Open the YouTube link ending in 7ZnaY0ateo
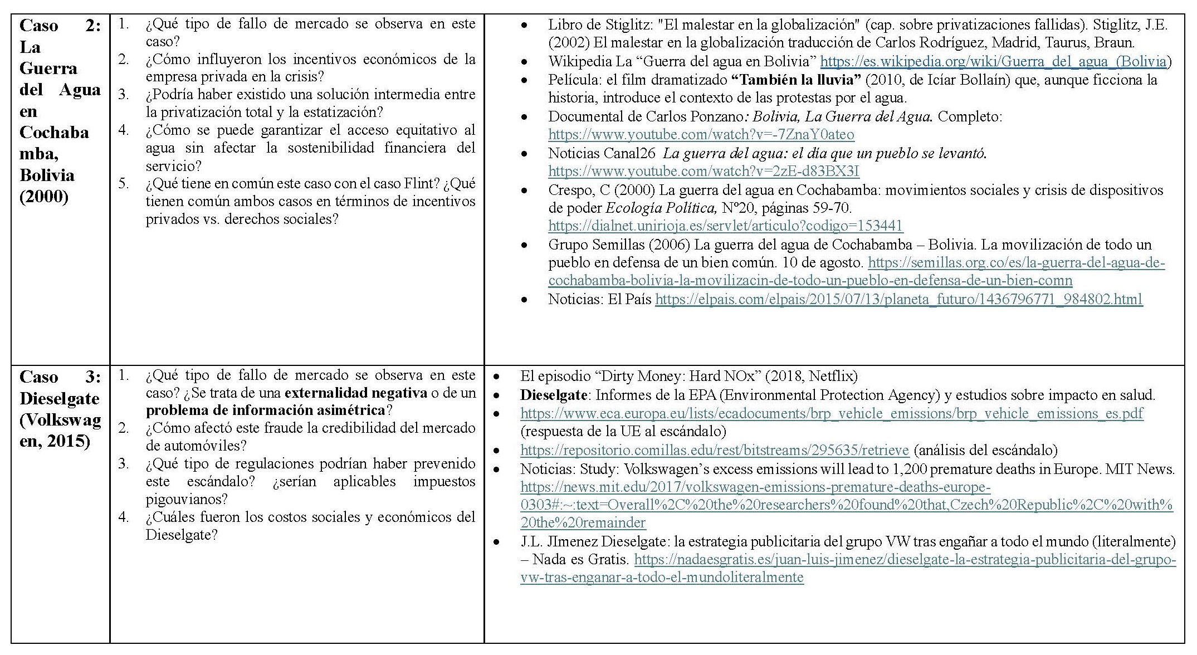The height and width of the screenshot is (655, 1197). [x=701, y=135]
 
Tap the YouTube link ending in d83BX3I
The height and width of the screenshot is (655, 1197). [x=703, y=171]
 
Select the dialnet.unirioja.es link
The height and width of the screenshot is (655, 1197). [x=725, y=226]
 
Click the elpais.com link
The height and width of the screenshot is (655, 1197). [x=898, y=299]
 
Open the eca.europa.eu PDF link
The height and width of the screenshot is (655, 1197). [x=832, y=413]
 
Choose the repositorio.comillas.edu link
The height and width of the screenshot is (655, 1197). [x=714, y=450]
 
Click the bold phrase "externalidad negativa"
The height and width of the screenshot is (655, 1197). [x=355, y=393]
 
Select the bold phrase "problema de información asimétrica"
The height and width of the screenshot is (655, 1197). [x=265, y=410]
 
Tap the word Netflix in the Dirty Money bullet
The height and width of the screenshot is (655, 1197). [x=832, y=377]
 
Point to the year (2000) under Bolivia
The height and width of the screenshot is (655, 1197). [x=43, y=197]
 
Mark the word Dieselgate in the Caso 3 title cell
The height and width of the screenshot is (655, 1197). [x=59, y=398]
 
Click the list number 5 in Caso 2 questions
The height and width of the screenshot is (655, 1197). [x=123, y=183]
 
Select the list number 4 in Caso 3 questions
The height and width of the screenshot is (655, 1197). [x=123, y=517]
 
